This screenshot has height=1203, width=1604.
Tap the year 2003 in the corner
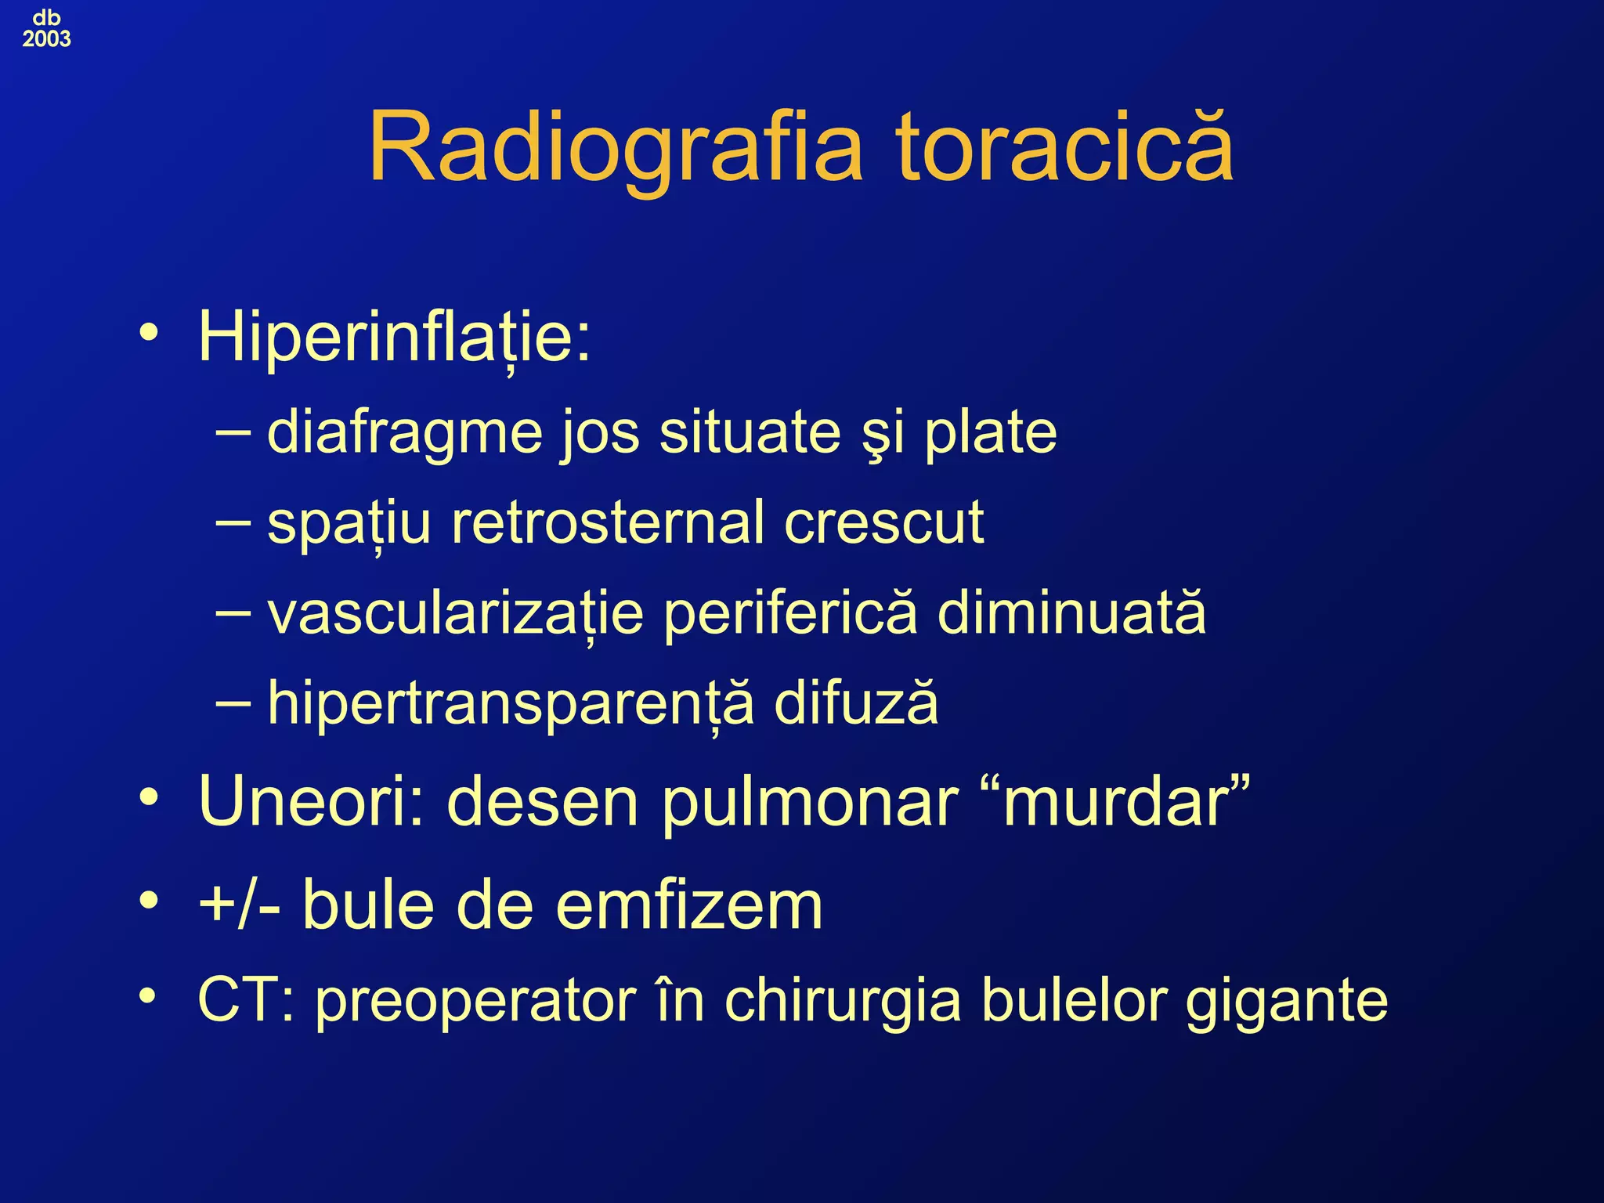(x=46, y=39)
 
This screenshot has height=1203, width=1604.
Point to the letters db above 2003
(x=46, y=17)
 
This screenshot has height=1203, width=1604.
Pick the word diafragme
(x=404, y=434)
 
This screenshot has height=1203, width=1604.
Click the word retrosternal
(x=608, y=522)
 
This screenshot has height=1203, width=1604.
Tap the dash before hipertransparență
(x=233, y=702)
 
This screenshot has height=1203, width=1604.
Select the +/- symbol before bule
(x=239, y=905)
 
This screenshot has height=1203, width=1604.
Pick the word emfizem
(x=689, y=905)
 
